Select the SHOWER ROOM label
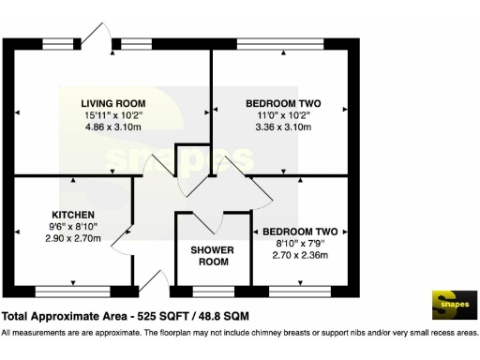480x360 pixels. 213,256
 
